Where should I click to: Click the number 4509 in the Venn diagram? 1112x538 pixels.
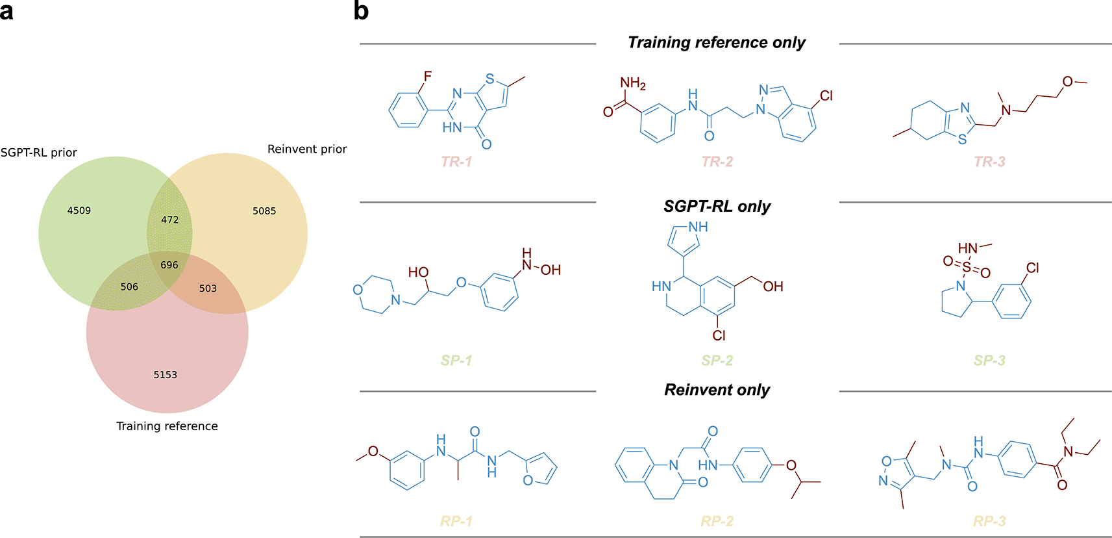tap(79, 211)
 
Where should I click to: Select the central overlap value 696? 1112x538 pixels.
tap(169, 265)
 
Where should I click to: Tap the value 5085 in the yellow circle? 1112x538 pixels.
tap(264, 211)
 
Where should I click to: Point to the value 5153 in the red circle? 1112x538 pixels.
tap(166, 375)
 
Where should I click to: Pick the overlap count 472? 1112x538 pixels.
tap(170, 220)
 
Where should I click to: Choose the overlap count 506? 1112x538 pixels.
tap(129, 287)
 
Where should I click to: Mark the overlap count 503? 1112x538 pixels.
tap(208, 288)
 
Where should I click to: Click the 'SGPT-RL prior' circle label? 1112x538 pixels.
tap(39, 153)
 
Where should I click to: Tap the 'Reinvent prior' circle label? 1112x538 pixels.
tap(307, 149)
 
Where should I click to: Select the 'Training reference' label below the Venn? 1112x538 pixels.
tap(167, 426)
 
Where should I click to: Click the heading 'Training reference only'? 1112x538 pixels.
tap(717, 43)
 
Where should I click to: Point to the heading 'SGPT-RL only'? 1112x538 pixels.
tap(717, 207)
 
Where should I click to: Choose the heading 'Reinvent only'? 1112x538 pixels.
tap(717, 390)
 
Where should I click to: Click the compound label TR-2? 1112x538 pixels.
tap(717, 162)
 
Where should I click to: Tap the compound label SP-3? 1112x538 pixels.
tap(989, 361)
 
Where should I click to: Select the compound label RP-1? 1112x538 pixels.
tap(456, 521)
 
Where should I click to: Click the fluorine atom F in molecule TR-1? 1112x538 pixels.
tap(428, 77)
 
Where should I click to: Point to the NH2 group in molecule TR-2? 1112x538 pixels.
tap(632, 83)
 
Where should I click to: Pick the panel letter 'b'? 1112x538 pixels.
tap(361, 11)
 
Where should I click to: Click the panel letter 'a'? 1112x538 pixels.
tap(6, 12)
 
